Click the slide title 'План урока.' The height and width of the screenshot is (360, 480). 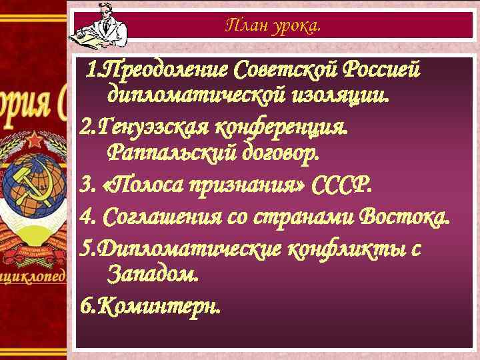[273, 26]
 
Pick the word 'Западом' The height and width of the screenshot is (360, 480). [151, 273]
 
